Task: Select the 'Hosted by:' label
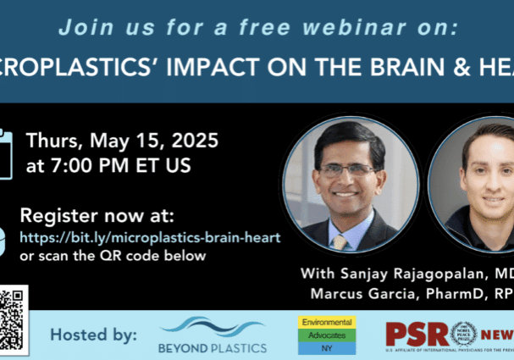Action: (93, 335)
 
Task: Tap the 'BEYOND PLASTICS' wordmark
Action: (213, 348)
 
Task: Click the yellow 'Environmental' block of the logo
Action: (328, 323)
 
